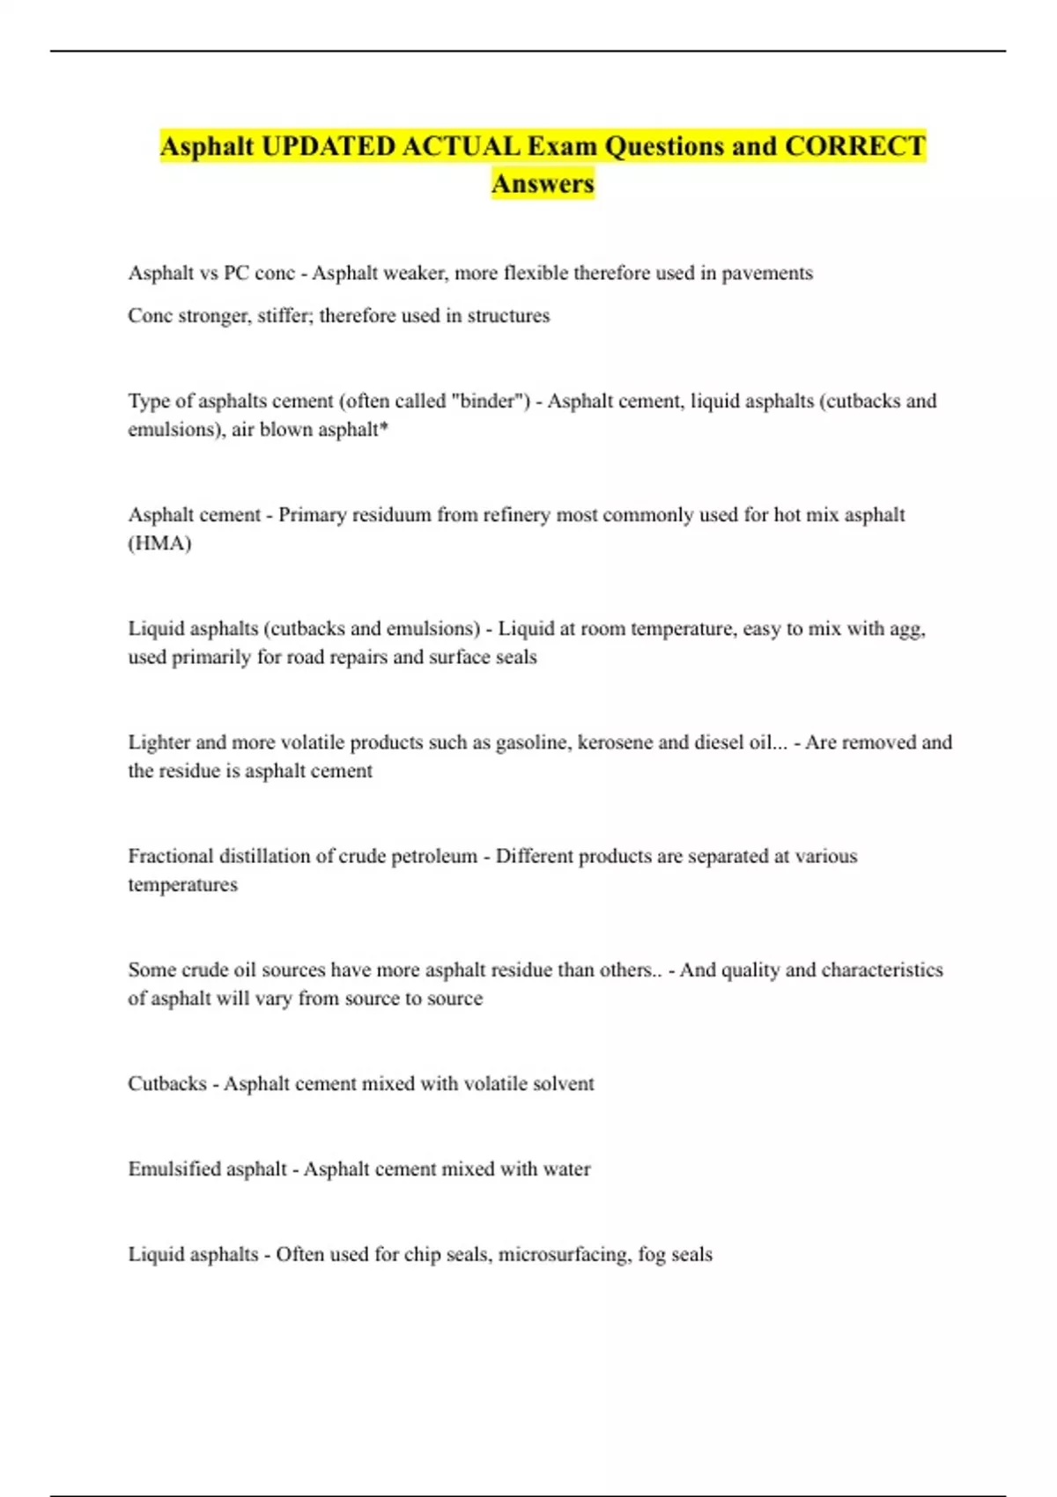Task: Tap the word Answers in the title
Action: [543, 184]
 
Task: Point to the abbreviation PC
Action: [236, 273]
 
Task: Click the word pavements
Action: [767, 273]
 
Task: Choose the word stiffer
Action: [283, 315]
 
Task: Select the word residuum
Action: [392, 514]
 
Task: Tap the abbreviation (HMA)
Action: [159, 542]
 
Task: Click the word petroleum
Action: [433, 856]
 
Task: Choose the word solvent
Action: [561, 1083]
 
